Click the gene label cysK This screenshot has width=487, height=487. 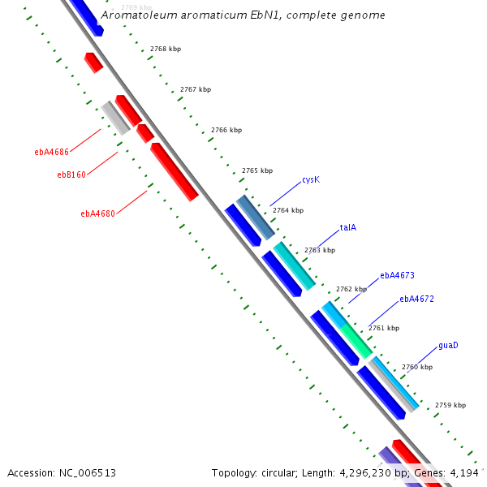click(x=311, y=179)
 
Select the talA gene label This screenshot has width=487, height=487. click(x=348, y=228)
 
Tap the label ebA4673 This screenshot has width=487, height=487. click(x=397, y=275)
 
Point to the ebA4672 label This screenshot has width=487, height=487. click(x=416, y=299)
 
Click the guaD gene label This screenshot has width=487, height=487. click(x=448, y=345)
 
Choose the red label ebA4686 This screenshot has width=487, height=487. click(x=51, y=152)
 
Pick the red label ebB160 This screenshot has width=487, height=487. click(x=71, y=175)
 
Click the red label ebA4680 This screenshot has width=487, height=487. click(x=97, y=214)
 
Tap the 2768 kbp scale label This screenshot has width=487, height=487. click(x=166, y=49)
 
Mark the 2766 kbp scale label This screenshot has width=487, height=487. click(x=226, y=130)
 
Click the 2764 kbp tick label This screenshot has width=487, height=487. click(x=288, y=210)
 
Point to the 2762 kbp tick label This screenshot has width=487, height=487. click(x=351, y=289)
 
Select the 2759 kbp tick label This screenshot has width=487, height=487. click(x=450, y=405)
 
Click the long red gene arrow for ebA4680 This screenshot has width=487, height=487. click(x=175, y=171)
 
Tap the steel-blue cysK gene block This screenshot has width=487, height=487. click(x=256, y=217)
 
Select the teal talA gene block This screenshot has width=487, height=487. click(x=294, y=265)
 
